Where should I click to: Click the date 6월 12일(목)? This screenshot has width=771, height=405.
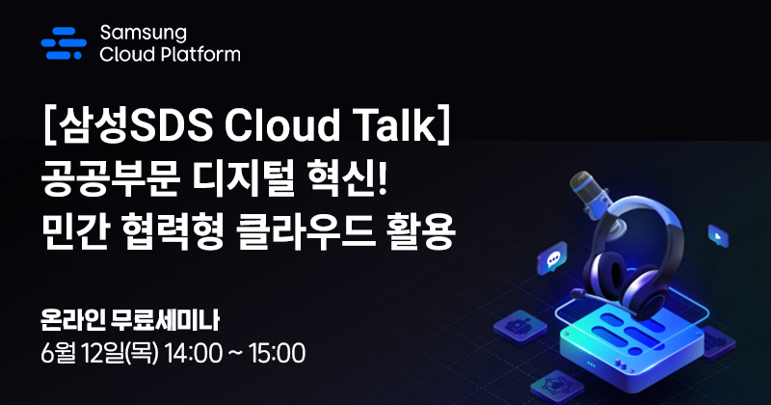(101, 353)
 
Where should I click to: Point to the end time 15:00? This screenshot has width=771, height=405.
(278, 353)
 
